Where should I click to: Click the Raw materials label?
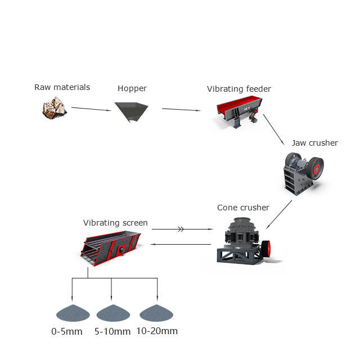tap(62, 87)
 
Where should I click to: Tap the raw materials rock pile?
tap(55, 107)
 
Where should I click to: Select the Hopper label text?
tap(132, 88)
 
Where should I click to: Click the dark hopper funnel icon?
tap(131, 111)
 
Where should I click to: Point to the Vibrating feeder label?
tap(238, 89)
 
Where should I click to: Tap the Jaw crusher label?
tap(314, 143)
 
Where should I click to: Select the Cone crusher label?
tap(243, 208)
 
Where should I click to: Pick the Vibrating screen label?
tap(115, 223)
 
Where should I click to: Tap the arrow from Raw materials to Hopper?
tap(91, 109)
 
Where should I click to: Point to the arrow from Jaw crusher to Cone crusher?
tap(280, 213)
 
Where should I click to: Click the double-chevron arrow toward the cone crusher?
tap(181, 229)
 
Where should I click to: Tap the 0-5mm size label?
tap(67, 331)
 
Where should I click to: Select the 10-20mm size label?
tap(157, 331)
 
